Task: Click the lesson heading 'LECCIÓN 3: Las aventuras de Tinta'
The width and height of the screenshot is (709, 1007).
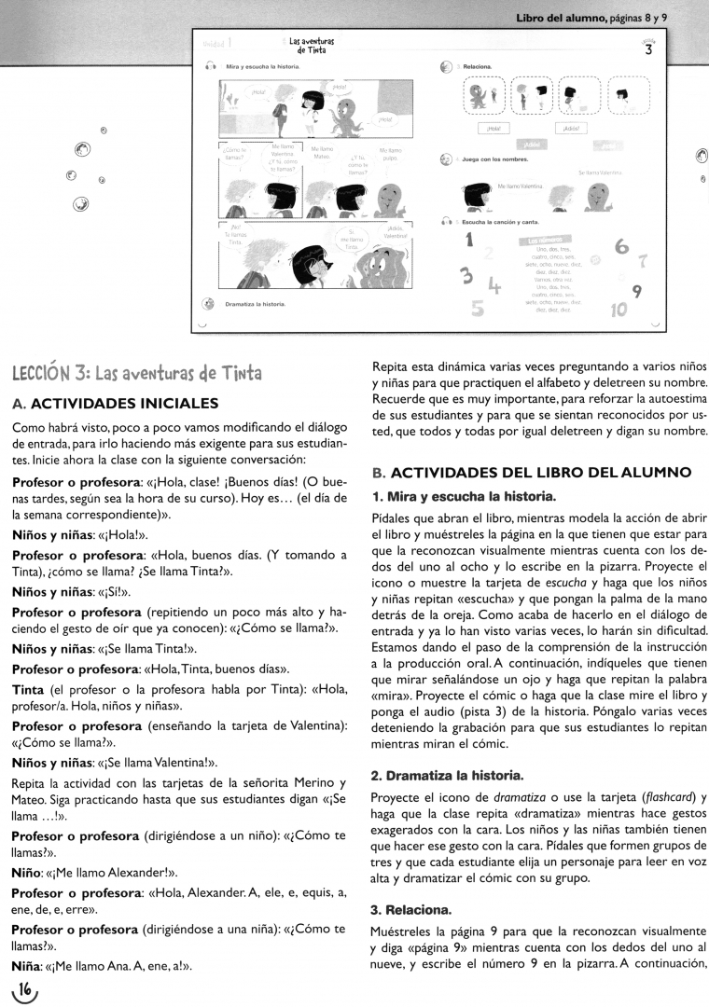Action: pyautogui.click(x=136, y=373)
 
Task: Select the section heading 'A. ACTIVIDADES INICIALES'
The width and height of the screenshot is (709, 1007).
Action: pyautogui.click(x=115, y=404)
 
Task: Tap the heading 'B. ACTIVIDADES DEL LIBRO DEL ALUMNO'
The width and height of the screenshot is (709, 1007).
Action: pyautogui.click(x=531, y=472)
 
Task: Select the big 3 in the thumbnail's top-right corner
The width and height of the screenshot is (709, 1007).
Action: pyautogui.click(x=648, y=51)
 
